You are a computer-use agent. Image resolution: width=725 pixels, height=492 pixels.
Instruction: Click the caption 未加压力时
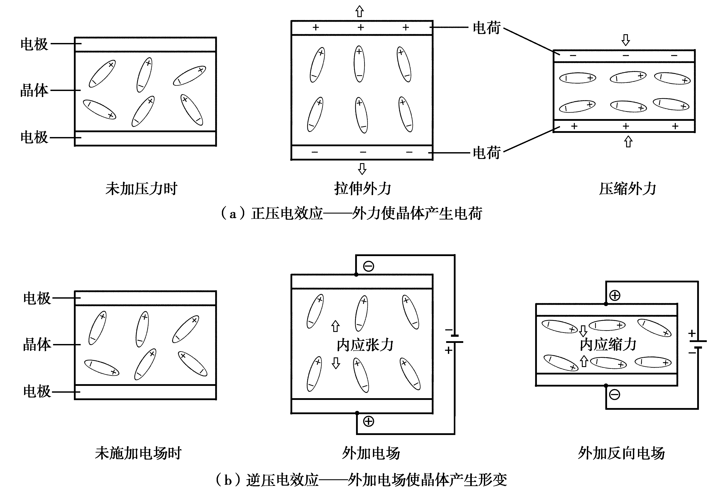141,189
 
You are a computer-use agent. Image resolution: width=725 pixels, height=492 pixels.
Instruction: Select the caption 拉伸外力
363,189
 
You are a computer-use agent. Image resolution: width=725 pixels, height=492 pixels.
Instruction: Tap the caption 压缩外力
627,189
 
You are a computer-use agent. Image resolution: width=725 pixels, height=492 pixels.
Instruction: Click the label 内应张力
365,345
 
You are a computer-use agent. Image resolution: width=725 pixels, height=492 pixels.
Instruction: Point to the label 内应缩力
608,345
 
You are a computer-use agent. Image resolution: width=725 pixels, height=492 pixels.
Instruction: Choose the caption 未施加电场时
138,453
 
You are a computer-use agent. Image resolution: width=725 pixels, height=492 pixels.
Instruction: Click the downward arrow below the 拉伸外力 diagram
362,169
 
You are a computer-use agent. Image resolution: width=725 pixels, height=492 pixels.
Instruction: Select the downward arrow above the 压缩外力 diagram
625,40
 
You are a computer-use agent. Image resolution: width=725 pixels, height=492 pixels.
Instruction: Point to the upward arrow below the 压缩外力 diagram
628,141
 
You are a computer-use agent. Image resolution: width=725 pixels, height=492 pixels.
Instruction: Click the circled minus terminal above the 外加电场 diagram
369,266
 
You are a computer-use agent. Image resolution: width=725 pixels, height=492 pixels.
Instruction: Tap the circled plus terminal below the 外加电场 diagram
369,421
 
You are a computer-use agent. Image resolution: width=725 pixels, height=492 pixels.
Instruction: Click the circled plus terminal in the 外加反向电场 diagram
615,296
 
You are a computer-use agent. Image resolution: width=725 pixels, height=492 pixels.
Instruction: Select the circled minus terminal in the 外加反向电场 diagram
615,395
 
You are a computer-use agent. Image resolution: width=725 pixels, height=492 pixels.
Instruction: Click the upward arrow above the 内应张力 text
335,326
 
